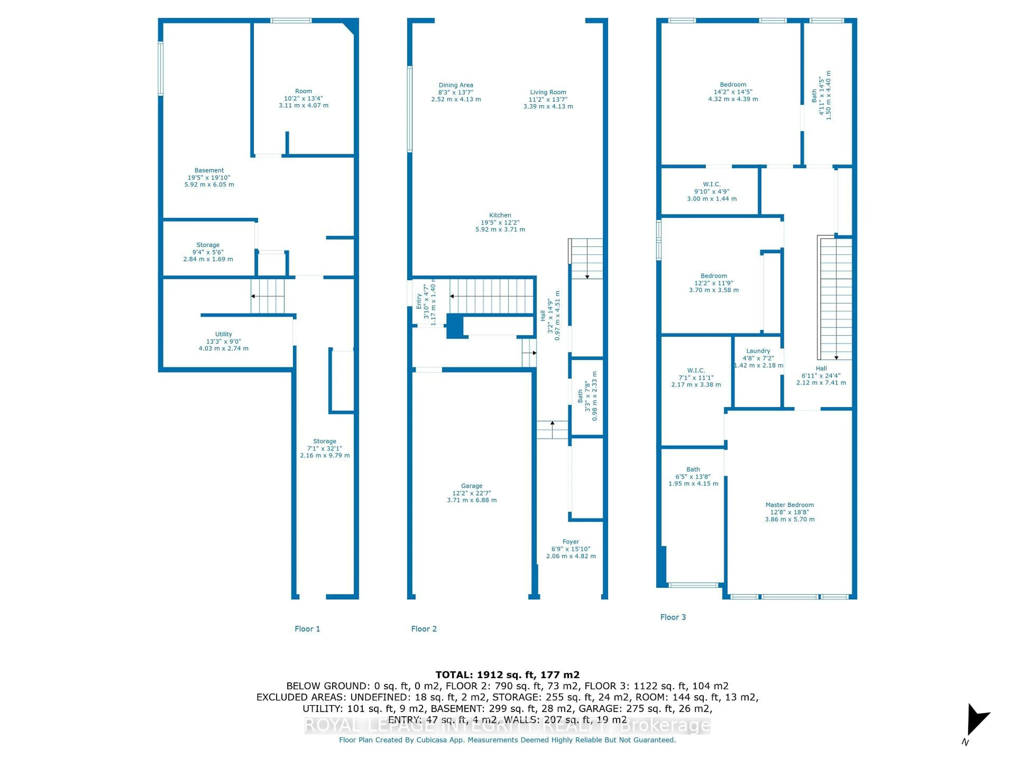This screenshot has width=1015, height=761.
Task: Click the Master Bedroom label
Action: pos(789,505)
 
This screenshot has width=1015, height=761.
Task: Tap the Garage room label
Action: pos(472,486)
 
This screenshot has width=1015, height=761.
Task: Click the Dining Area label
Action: pos(456,85)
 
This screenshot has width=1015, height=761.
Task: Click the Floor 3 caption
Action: pos(673,617)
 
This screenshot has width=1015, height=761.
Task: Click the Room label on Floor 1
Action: pos(303,91)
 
